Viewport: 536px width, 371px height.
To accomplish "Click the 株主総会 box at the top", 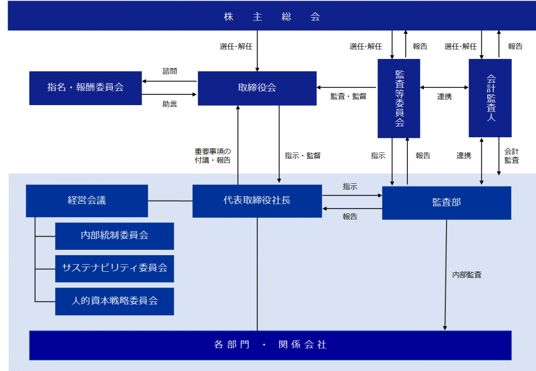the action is [x=272, y=16].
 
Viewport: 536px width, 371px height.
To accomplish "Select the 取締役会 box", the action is [x=257, y=88].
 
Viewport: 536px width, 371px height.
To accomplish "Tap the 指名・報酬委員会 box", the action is [x=85, y=88].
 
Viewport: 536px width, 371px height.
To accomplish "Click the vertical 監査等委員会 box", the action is [x=399, y=99].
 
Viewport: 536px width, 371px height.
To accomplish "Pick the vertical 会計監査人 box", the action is [x=490, y=98].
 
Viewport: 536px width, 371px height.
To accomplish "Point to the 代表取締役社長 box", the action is [x=257, y=201].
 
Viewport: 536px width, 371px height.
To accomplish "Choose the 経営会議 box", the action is [x=87, y=201].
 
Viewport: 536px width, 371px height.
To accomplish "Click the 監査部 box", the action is [x=446, y=203].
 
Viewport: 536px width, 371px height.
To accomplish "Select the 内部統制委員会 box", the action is [x=115, y=236].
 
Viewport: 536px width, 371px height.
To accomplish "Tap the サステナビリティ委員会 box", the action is [x=115, y=269].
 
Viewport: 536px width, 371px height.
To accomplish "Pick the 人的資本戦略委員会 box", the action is [x=115, y=301].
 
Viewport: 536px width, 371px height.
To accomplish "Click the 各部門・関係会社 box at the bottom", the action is [x=270, y=345].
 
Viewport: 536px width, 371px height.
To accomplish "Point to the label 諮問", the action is [x=169, y=71].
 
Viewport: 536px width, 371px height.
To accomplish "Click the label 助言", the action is [x=169, y=104].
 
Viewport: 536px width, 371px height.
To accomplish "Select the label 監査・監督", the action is [x=348, y=97].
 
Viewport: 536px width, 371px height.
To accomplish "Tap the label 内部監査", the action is [x=467, y=274].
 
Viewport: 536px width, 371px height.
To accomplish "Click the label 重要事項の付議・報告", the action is [x=213, y=155].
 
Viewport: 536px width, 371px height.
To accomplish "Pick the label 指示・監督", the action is [x=302, y=155].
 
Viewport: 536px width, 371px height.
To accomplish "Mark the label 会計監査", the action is [x=511, y=155].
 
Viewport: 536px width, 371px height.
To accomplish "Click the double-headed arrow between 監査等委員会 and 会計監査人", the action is [x=444, y=87].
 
